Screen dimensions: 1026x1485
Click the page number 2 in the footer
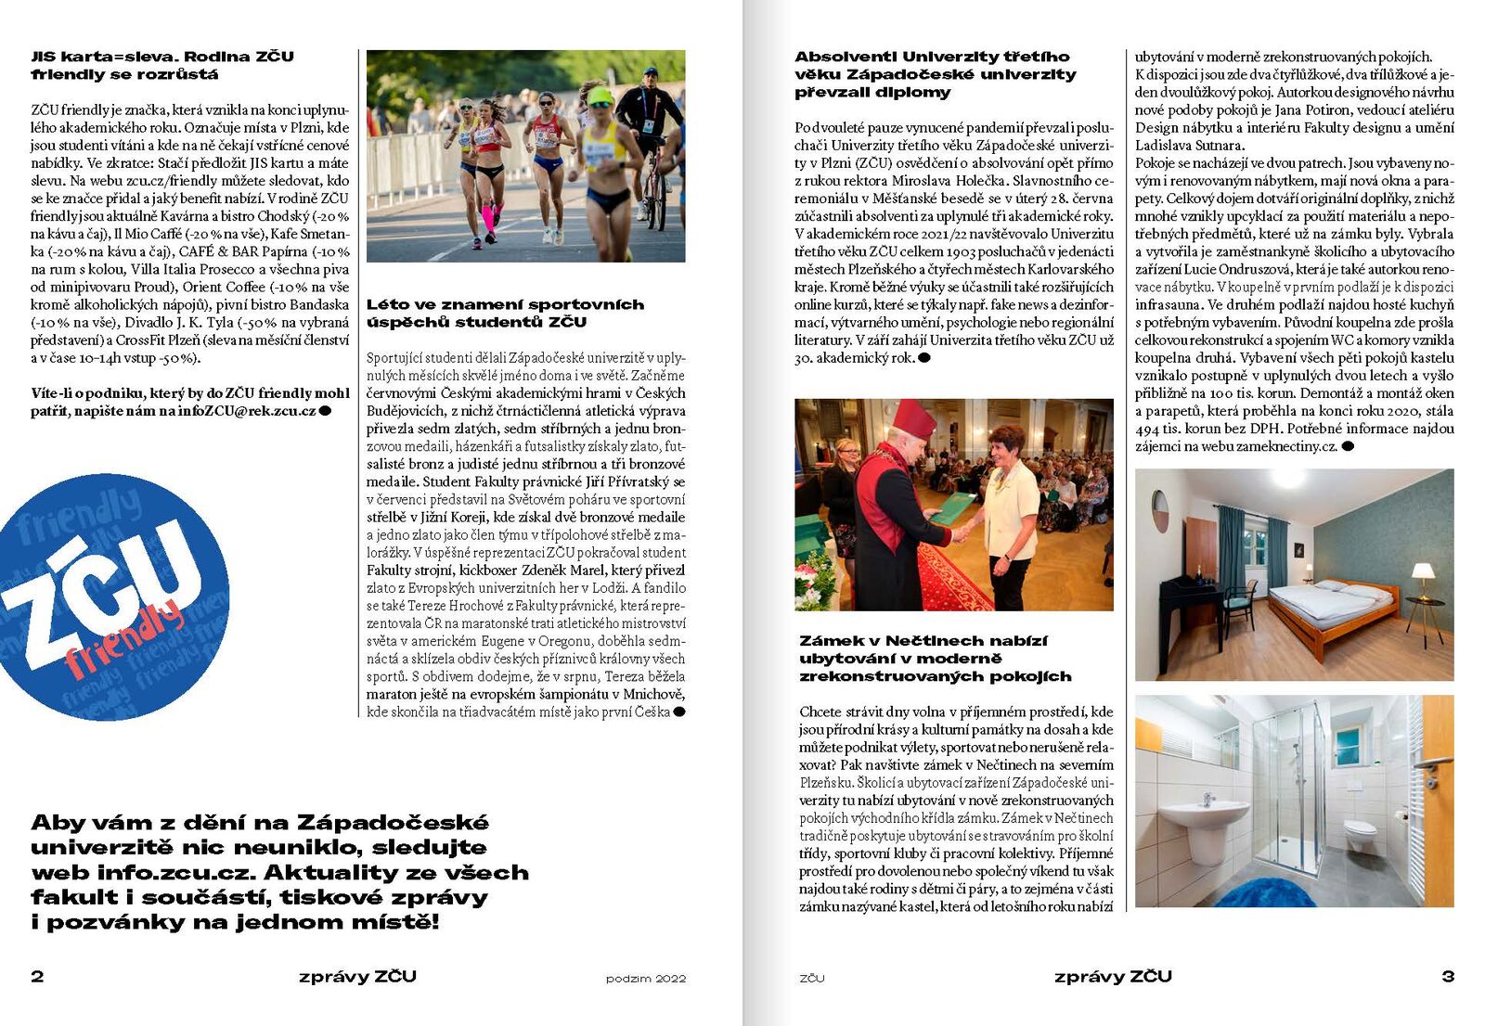37,976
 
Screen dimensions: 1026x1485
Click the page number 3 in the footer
1447,976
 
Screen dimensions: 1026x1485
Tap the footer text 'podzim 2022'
645,978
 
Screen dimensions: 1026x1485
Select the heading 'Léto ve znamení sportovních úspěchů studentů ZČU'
505,314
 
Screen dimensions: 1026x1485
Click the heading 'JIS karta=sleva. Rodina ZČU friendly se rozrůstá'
162,65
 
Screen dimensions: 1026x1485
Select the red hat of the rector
913,419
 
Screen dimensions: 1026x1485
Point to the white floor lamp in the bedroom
1424,594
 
